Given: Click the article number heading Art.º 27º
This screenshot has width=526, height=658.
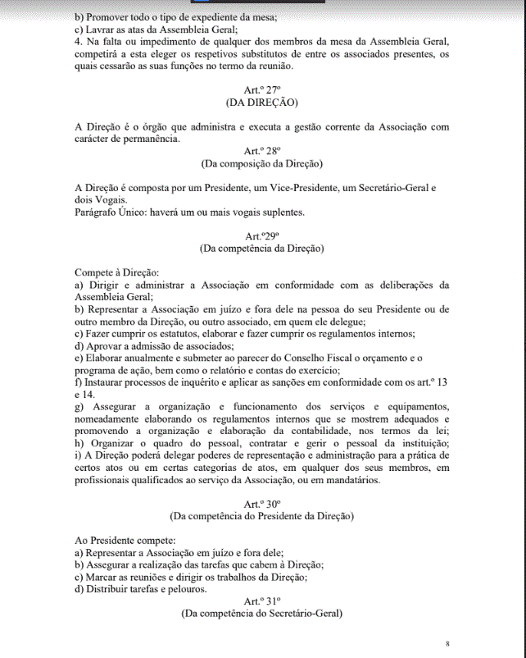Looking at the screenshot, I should tap(262, 89).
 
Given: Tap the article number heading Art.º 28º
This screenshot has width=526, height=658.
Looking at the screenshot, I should tap(262, 151).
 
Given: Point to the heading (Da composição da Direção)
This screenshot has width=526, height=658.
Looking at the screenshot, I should tap(262, 163).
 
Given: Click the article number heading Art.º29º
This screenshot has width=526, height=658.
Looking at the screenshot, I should tap(262, 236).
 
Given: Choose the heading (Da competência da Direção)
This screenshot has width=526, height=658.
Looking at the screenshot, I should tap(262, 249).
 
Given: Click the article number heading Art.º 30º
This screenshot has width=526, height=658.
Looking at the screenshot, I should tap(262, 504).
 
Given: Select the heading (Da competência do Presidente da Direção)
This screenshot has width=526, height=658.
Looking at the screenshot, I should tap(262, 517).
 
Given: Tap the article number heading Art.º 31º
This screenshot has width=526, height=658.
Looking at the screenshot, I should tap(262, 601).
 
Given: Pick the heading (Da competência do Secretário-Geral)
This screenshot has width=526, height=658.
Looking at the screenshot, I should tap(262, 614).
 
